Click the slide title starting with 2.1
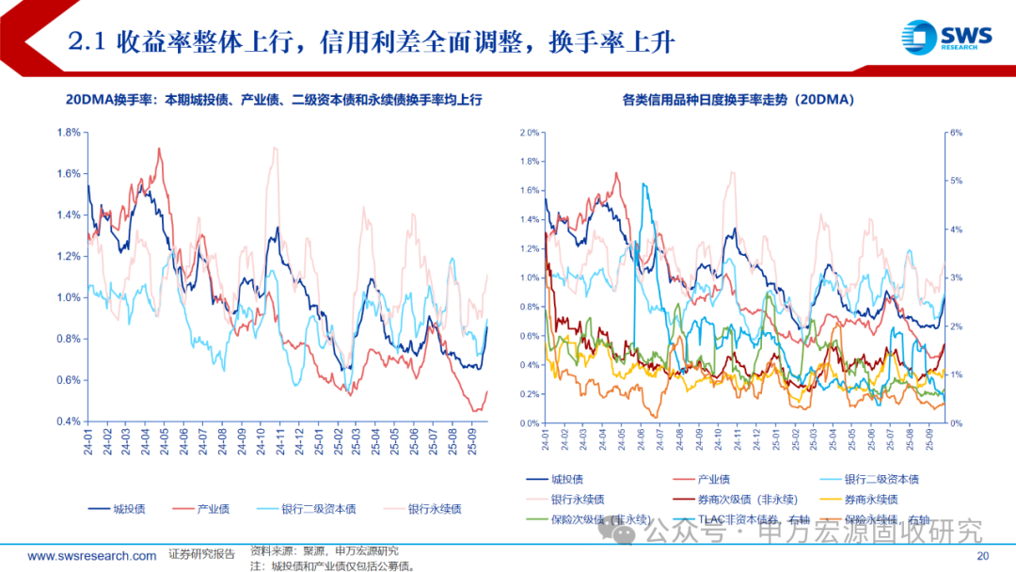coord(373,41)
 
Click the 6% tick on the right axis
coord(956,133)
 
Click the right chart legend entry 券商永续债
coord(871,499)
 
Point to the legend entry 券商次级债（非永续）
coord(732,499)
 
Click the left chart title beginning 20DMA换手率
coord(273,99)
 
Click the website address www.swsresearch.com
coord(92,556)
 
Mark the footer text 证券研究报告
coord(201,554)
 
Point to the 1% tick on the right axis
coord(956,374)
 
